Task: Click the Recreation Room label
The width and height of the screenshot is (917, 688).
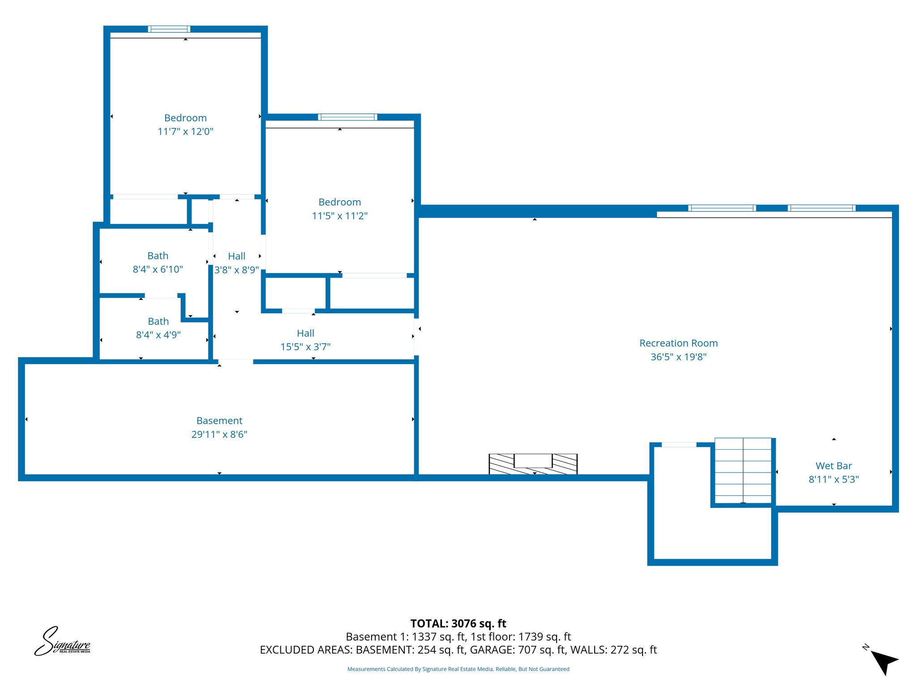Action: coord(678,343)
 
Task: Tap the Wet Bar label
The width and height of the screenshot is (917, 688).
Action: coord(833,466)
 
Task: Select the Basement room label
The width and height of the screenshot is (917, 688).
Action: coord(219,421)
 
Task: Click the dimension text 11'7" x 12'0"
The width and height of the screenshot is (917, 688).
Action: coord(185,132)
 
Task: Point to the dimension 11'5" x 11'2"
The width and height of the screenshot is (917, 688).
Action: coord(339,216)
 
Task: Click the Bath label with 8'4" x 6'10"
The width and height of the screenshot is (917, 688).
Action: coord(158,256)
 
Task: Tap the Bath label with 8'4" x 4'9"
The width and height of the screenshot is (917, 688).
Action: coord(158,321)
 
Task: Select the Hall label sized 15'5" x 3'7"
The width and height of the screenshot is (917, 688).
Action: coord(305,333)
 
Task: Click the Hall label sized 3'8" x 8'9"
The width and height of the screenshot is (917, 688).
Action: coord(236,256)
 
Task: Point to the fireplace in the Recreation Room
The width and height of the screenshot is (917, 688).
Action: coord(533,464)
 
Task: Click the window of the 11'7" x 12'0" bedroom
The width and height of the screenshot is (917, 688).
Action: coord(169,29)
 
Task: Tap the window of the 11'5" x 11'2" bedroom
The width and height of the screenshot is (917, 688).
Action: coord(347,117)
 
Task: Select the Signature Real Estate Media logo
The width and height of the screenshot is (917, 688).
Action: coord(62,642)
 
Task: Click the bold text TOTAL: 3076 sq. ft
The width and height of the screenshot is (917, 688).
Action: coord(458,623)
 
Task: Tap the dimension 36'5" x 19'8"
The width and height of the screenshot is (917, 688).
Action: coord(678,357)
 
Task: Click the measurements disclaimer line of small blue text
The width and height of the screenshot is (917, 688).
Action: coord(458,669)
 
